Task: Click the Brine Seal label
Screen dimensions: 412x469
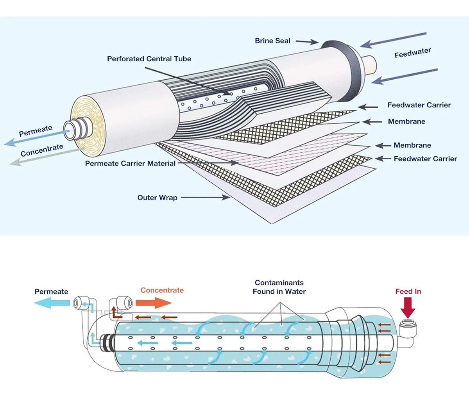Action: [272, 41]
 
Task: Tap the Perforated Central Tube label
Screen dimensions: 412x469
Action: [149, 59]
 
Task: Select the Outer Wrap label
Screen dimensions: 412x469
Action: [157, 198]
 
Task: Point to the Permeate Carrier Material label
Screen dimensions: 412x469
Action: [130, 164]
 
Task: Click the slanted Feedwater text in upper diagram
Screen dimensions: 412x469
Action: [412, 53]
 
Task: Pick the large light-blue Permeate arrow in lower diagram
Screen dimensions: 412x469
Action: [52, 302]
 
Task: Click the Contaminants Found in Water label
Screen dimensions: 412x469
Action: [279, 287]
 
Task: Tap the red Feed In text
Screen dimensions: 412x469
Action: [408, 291]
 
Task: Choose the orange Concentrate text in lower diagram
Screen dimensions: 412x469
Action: [162, 290]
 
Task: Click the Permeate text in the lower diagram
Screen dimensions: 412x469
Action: [51, 292]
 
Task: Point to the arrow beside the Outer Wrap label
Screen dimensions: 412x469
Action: [205, 198]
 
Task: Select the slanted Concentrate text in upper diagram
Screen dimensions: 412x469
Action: [42, 150]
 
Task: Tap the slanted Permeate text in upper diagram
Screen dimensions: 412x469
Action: [35, 131]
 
